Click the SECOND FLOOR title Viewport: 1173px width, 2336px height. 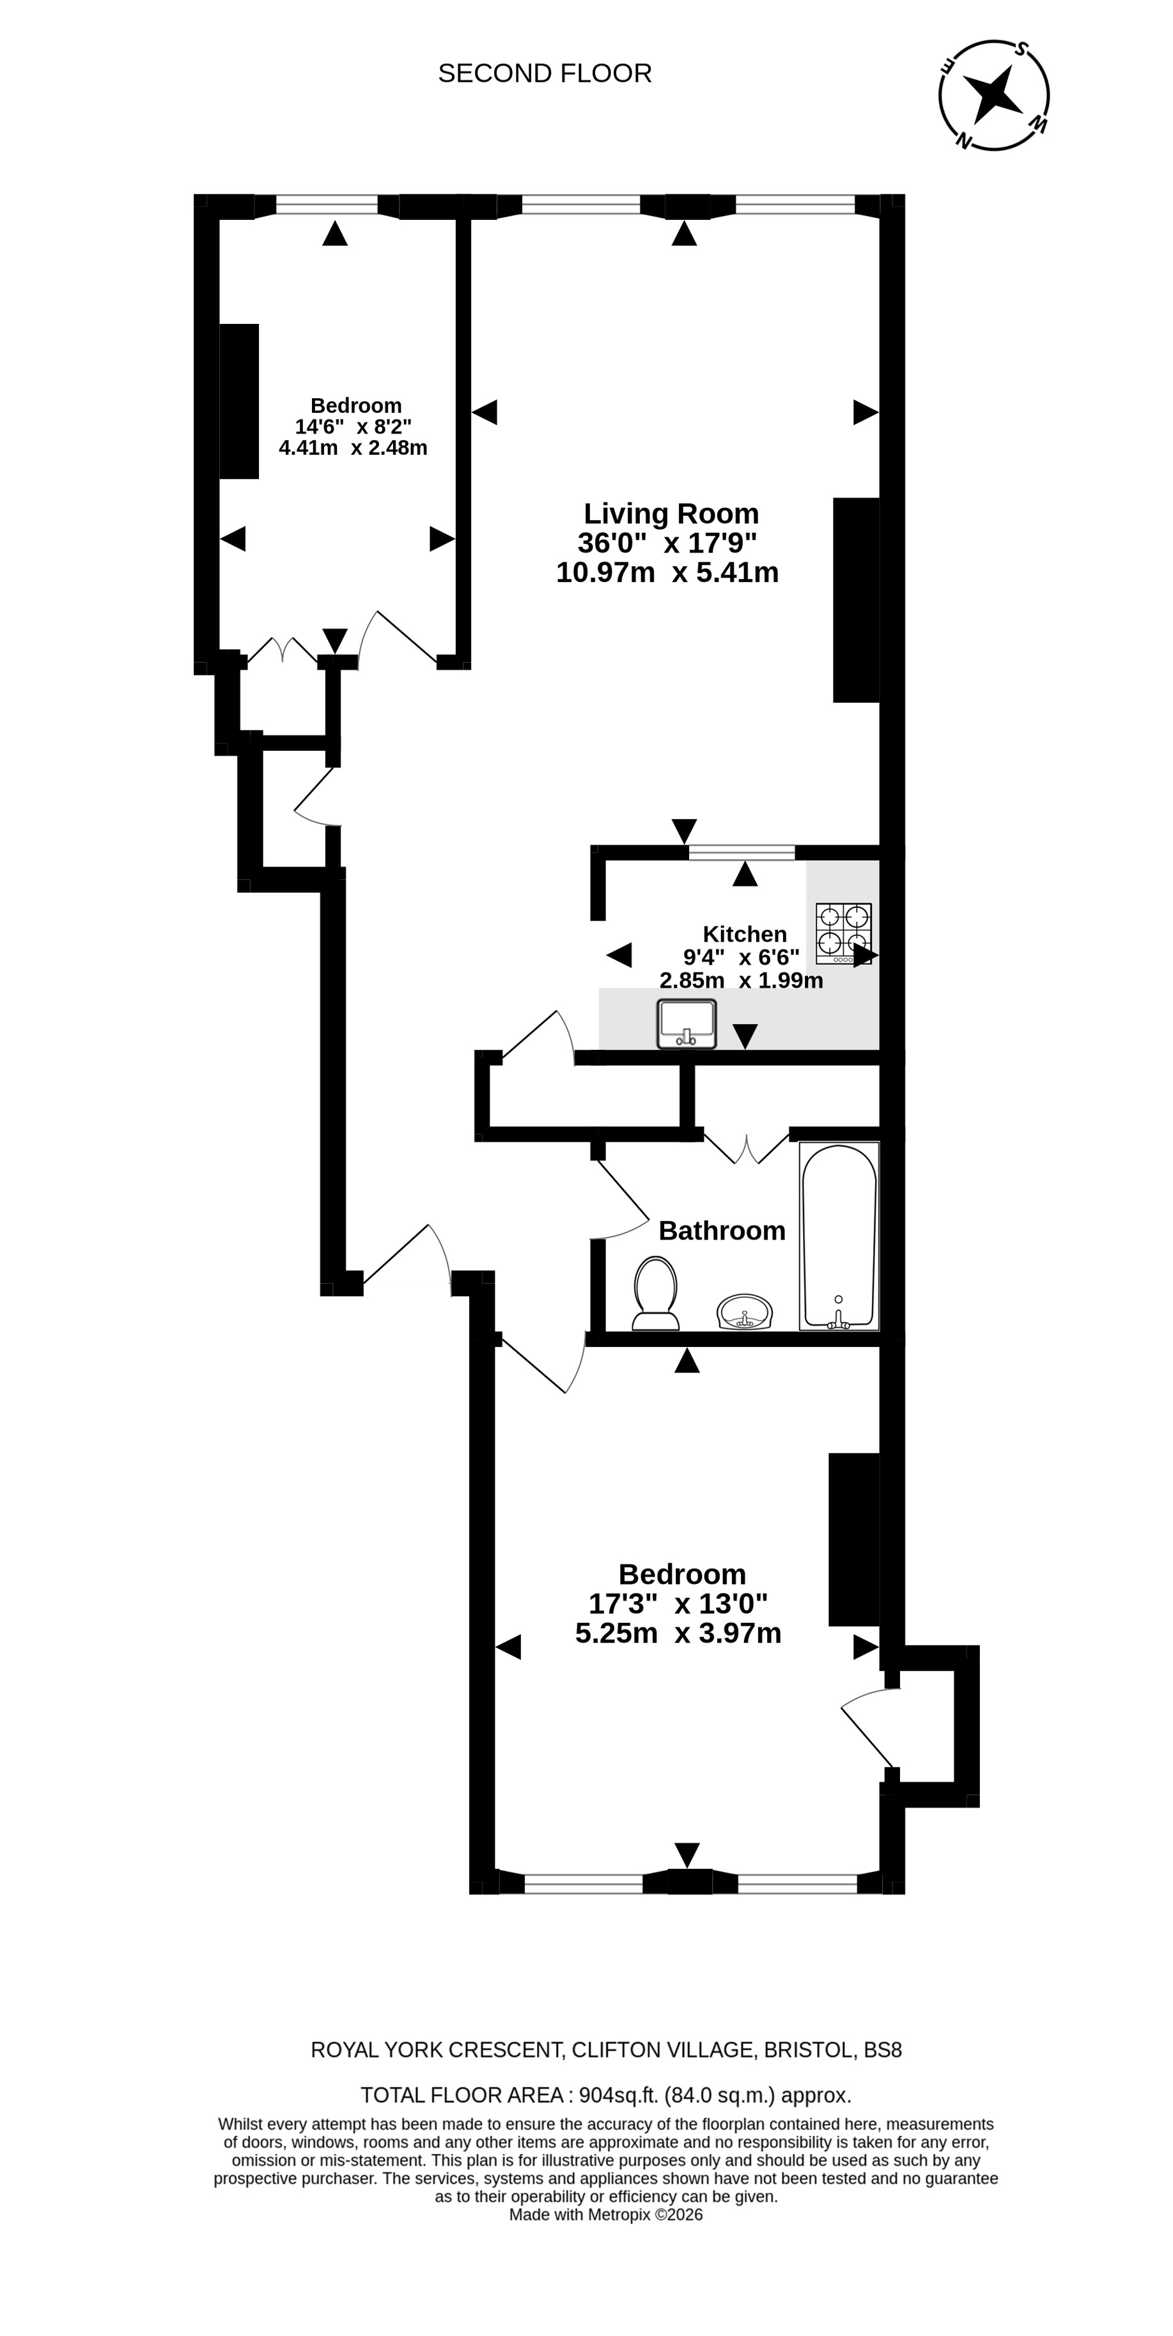point(545,73)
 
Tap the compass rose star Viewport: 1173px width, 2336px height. point(993,95)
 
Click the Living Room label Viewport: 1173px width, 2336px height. point(671,513)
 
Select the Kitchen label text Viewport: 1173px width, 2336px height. point(744,934)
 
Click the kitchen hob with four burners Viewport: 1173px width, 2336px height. point(843,933)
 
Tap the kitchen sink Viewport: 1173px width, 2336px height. point(687,1024)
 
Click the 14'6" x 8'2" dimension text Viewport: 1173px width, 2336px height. point(353,426)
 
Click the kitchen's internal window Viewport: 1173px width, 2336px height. point(741,852)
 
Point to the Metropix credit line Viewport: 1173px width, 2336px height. point(605,2215)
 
